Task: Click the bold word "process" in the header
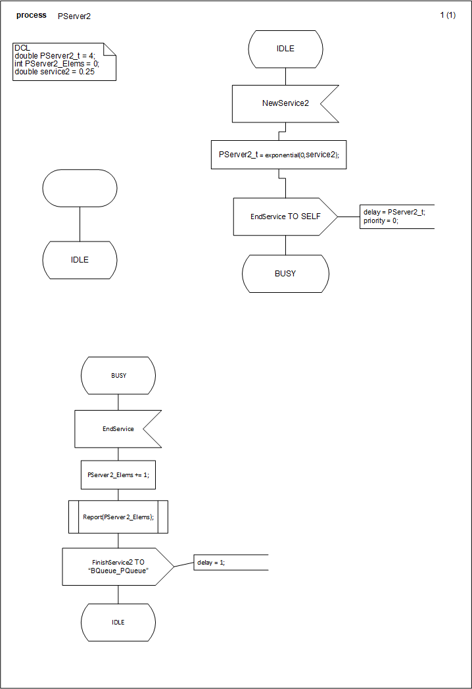coord(32,15)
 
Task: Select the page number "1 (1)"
coord(448,16)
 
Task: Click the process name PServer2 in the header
coord(74,16)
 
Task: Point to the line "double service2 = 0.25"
coord(55,72)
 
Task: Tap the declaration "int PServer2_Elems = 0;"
coord(57,64)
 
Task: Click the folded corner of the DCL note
coord(110,49)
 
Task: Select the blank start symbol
coord(80,188)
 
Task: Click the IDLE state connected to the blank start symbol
coord(80,259)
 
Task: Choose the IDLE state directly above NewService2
coord(285,48)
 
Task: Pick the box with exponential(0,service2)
coord(278,155)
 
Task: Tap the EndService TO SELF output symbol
coord(285,216)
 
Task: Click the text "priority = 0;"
coord(381,221)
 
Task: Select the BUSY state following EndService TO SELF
coord(285,273)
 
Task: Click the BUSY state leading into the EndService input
coord(118,375)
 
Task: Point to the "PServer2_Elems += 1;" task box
coord(118,474)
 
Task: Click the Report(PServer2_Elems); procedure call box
coord(118,517)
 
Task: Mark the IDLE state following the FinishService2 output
coord(118,622)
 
